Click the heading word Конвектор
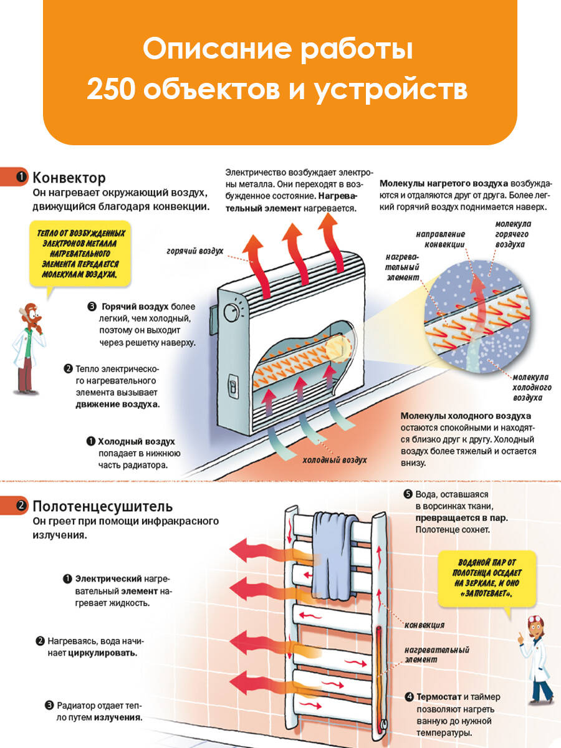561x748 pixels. [69, 178]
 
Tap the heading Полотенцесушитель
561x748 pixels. [102, 506]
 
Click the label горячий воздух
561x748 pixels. [194, 251]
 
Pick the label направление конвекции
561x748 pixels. [441, 239]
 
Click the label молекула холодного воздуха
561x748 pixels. [530, 386]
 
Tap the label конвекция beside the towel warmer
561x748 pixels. [424, 624]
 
